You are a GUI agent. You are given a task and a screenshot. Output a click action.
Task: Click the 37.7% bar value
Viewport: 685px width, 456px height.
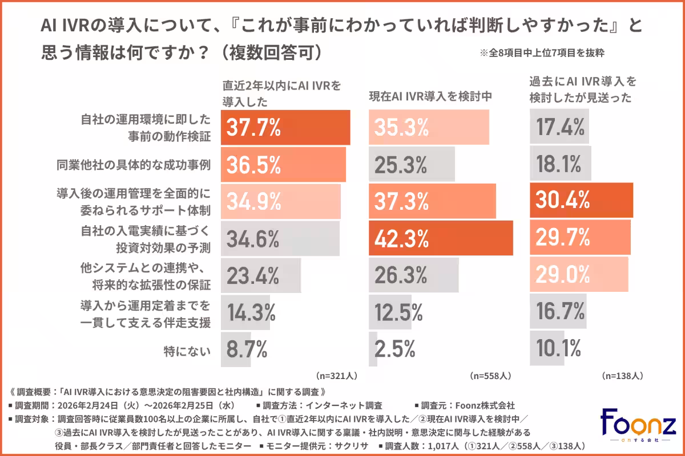pyautogui.click(x=254, y=128)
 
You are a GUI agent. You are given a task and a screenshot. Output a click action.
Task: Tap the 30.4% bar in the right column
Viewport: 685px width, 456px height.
pyautogui.click(x=581, y=200)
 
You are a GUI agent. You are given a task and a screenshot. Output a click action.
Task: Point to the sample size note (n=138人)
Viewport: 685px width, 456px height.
pyautogui.click(x=623, y=376)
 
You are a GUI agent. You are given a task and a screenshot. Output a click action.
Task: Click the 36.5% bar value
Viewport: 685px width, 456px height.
pyautogui.click(x=254, y=164)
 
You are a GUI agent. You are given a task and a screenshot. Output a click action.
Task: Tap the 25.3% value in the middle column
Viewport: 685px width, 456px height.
pyautogui.click(x=401, y=164)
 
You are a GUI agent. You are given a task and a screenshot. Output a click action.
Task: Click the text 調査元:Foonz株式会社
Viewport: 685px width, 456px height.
pyautogui.click(x=468, y=406)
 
